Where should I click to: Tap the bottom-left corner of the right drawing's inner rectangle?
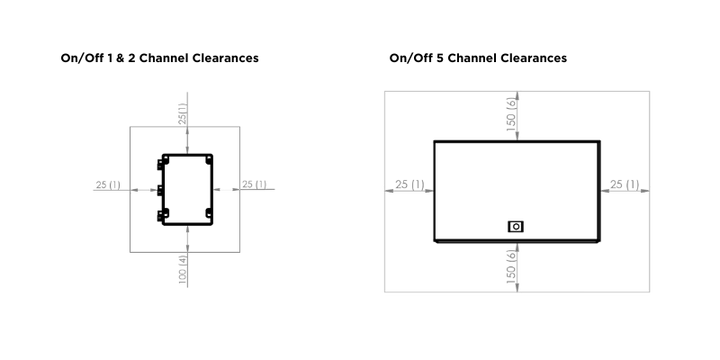433,243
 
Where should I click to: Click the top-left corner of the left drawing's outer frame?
129,126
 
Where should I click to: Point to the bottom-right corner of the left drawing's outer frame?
239,250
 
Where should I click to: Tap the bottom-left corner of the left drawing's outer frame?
129,250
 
